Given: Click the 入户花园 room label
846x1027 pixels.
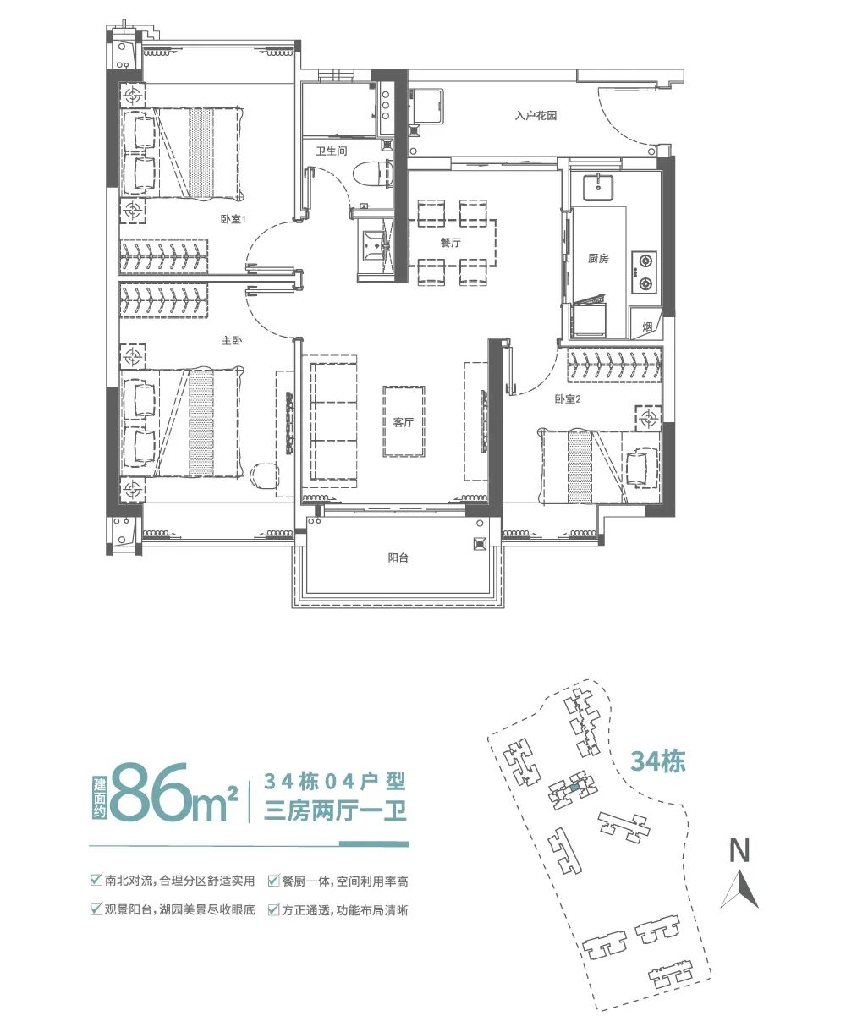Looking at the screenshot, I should (x=536, y=115).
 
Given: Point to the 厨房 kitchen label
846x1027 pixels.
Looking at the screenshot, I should (x=598, y=258).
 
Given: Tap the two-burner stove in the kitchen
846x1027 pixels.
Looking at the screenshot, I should (x=645, y=272).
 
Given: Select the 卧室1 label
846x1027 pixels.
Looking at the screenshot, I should (x=232, y=220).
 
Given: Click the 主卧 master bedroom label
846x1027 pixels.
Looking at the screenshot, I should (x=232, y=341).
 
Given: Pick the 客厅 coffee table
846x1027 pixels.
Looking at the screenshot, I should (x=404, y=421).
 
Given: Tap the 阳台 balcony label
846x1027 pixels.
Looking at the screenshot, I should (x=398, y=557).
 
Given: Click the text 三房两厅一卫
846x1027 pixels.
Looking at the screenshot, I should (x=336, y=811).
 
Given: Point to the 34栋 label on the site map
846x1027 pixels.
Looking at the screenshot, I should (x=657, y=761).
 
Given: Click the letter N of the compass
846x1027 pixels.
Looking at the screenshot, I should (x=740, y=850).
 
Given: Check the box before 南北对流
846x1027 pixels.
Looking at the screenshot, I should (x=96, y=881).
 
